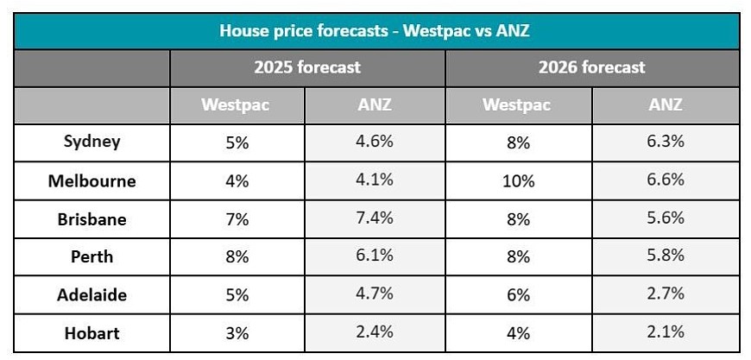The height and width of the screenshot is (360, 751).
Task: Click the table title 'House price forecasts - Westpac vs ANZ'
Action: coord(375,32)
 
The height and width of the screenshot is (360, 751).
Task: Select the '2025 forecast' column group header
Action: coord(307,67)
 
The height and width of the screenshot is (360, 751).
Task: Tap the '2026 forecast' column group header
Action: coord(591,67)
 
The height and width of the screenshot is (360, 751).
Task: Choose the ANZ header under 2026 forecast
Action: coord(666,104)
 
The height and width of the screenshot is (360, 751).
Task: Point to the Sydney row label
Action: coord(92,142)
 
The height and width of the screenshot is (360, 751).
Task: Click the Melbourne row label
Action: coord(92,181)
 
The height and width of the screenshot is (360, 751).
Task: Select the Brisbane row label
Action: coord(92,218)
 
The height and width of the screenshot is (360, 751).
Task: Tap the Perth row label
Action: coord(92,256)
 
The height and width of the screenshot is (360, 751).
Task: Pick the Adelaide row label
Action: coord(92,294)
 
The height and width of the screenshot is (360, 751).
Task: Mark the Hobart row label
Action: coord(92,332)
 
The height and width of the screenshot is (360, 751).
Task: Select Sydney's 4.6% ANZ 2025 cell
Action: coord(375,142)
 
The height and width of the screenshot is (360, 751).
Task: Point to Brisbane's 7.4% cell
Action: coord(375,218)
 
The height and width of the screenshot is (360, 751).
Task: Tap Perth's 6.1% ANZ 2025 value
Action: coord(375,256)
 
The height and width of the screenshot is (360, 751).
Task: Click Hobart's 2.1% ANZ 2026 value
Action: coord(666,332)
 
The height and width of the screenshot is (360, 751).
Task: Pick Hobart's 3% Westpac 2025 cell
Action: coord(237,333)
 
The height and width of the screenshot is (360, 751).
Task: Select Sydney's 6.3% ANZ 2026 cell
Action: coord(666,142)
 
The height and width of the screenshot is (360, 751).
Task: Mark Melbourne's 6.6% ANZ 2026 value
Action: coord(666,180)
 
